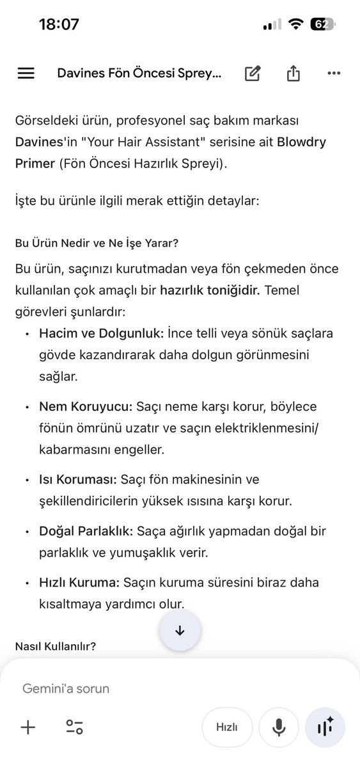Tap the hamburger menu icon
click(26, 73)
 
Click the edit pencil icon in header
click(253, 73)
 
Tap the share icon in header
click(293, 73)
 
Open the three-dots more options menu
click(334, 73)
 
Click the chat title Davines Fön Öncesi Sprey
click(139, 73)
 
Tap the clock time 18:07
click(59, 25)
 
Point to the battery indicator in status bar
click(322, 25)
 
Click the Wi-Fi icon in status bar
click(295, 25)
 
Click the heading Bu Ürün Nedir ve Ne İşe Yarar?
click(97, 243)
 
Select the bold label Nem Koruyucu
click(85, 406)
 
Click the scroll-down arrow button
click(180, 630)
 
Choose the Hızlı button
click(227, 727)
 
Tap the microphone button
click(279, 727)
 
